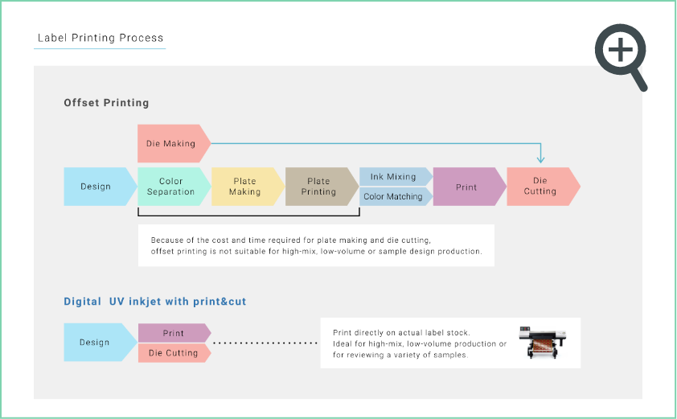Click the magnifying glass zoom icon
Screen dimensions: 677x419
[621, 56]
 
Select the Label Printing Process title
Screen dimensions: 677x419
[101, 38]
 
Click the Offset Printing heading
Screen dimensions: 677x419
[106, 103]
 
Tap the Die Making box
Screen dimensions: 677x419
[174, 143]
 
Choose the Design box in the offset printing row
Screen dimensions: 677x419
[101, 187]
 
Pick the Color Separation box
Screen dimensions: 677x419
[174, 187]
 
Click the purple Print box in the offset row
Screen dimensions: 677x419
[470, 187]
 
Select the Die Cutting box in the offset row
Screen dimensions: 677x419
[544, 187]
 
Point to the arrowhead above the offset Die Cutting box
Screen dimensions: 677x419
[540, 160]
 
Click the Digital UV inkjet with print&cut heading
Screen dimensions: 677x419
[155, 302]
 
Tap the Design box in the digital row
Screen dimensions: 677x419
[101, 342]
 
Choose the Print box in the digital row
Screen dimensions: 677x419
[174, 333]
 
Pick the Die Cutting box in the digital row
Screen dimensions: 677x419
[174, 353]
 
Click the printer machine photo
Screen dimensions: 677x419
[543, 342]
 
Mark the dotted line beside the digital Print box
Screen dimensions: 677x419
[265, 343]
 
